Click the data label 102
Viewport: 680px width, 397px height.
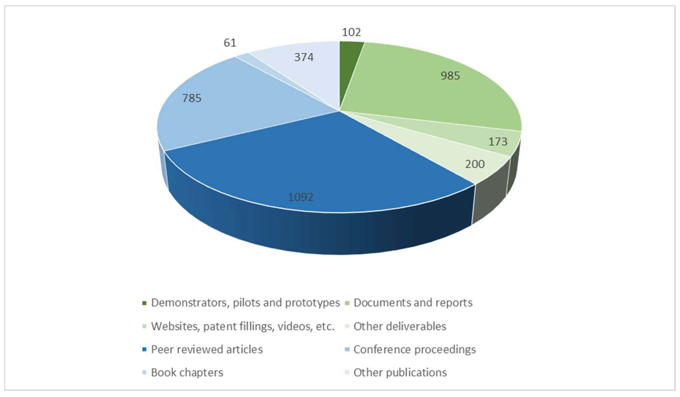[x=351, y=32]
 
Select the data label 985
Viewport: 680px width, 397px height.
[x=450, y=76]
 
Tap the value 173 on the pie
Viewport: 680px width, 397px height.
[x=498, y=141]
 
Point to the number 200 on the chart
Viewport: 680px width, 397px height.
[x=475, y=164]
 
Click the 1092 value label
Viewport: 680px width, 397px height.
[x=301, y=197]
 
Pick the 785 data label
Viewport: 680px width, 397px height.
[x=192, y=98]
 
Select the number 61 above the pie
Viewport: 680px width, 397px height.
[x=230, y=43]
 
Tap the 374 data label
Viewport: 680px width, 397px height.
[x=304, y=57]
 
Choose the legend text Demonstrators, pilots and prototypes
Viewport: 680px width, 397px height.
[x=245, y=303]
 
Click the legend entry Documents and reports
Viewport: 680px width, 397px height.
[x=413, y=303]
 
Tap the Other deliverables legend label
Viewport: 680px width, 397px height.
[x=400, y=326]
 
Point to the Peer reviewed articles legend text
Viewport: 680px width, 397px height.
[x=207, y=349]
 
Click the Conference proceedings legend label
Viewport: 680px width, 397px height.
[x=415, y=349]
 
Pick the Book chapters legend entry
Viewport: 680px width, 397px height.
[x=187, y=373]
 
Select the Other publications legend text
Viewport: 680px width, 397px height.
[x=400, y=373]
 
